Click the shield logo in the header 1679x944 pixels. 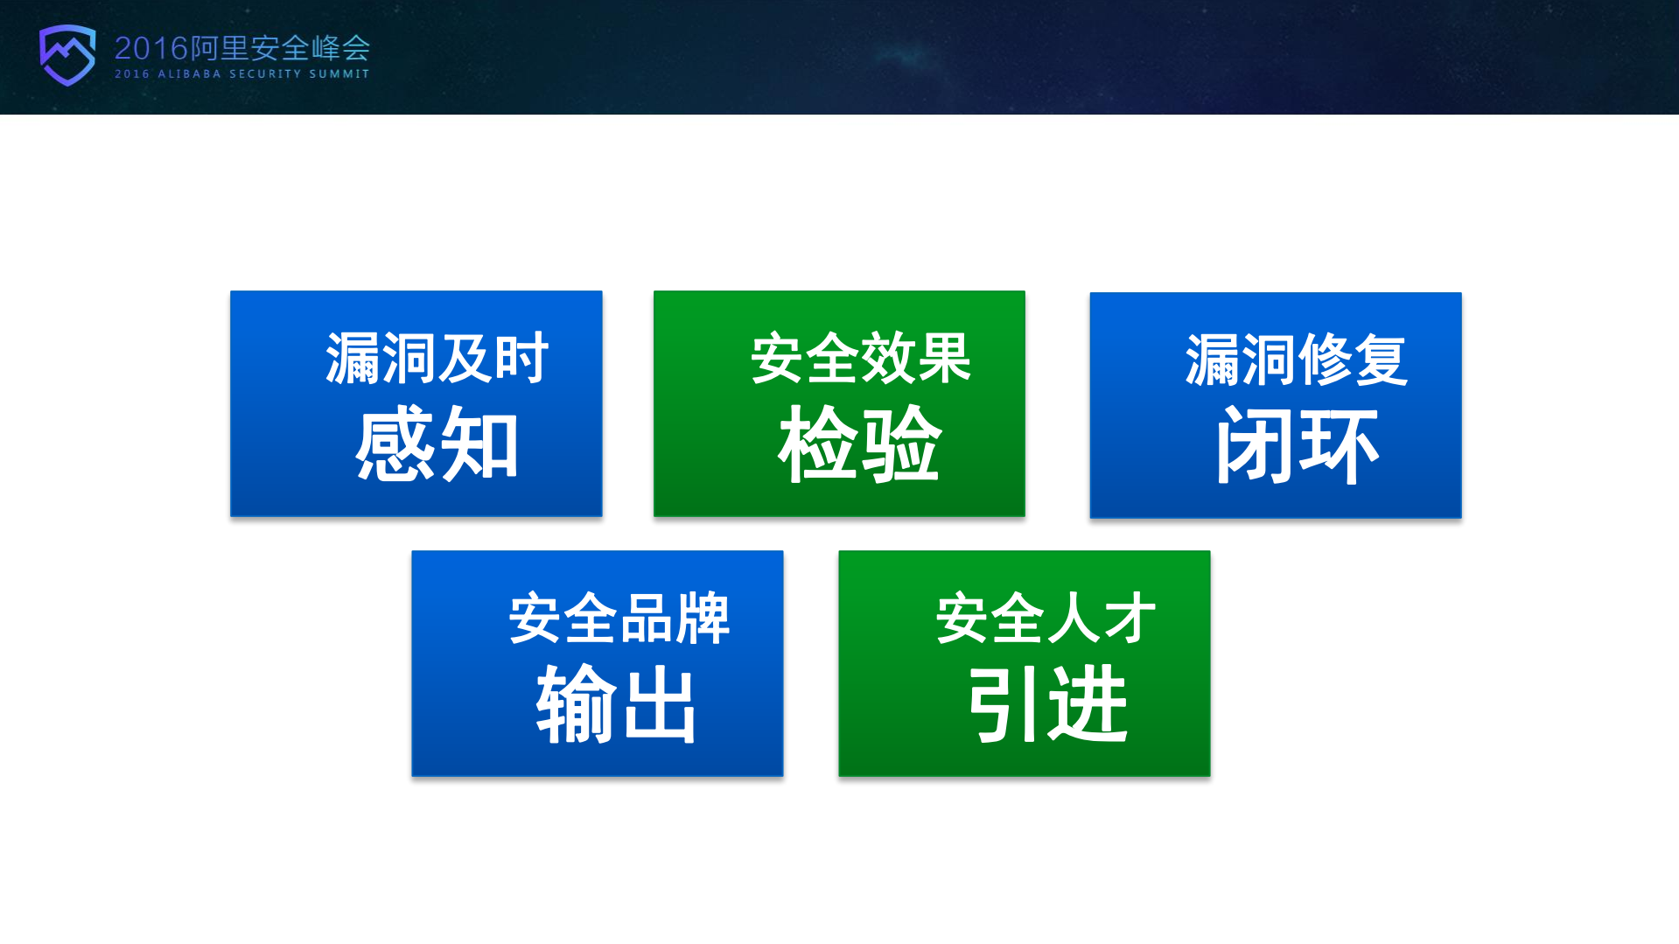(x=67, y=54)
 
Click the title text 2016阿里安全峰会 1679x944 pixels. (x=242, y=48)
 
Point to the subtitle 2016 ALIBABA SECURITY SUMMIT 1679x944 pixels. (x=242, y=74)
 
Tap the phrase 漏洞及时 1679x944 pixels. (x=437, y=358)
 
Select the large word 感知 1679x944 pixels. (x=437, y=444)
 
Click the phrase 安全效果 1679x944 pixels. (x=861, y=358)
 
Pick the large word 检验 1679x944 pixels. (x=860, y=444)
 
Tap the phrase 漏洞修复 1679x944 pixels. (x=1297, y=360)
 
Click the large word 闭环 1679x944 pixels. (x=1297, y=446)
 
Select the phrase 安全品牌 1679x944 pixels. (x=619, y=618)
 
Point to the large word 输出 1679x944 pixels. (x=617, y=704)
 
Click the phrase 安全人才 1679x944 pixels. (x=1046, y=618)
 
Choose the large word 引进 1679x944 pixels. (x=1047, y=704)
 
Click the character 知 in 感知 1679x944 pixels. (x=479, y=444)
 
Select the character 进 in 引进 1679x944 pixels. (x=1088, y=704)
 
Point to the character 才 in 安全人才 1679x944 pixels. (x=1130, y=618)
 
